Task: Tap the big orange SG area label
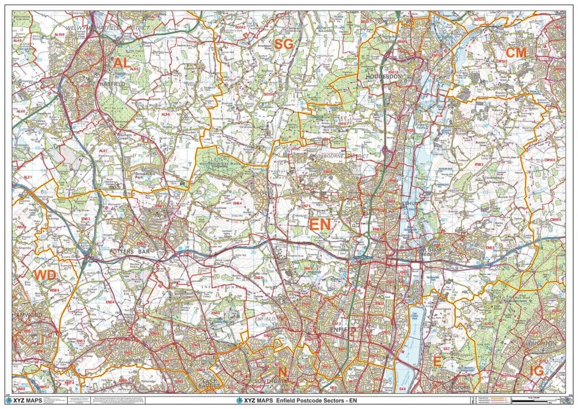pos(284,44)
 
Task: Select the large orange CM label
pos(516,53)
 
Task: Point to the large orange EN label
pos(320,224)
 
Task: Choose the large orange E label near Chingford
pos(438,362)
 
